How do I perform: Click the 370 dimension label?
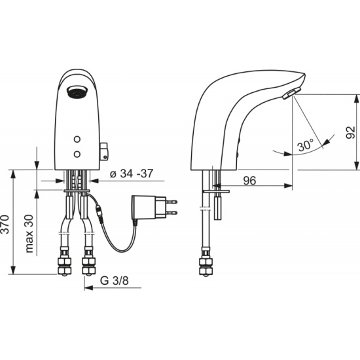point(5,225)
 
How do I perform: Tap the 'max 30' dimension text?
point(29,234)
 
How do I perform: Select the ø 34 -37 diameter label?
point(132,173)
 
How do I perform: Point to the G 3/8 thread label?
point(115,281)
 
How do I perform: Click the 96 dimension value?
point(249,181)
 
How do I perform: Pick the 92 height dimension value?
point(350,132)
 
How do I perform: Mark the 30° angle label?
point(305,145)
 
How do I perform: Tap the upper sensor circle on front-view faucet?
point(77,139)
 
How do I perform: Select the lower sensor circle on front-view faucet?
point(77,154)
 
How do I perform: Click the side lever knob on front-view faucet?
point(104,151)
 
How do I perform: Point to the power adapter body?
point(149,207)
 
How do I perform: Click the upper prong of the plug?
point(171,202)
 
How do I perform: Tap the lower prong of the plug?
point(171,213)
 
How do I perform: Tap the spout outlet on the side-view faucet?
point(291,94)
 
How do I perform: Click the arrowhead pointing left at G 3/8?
point(88,288)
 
